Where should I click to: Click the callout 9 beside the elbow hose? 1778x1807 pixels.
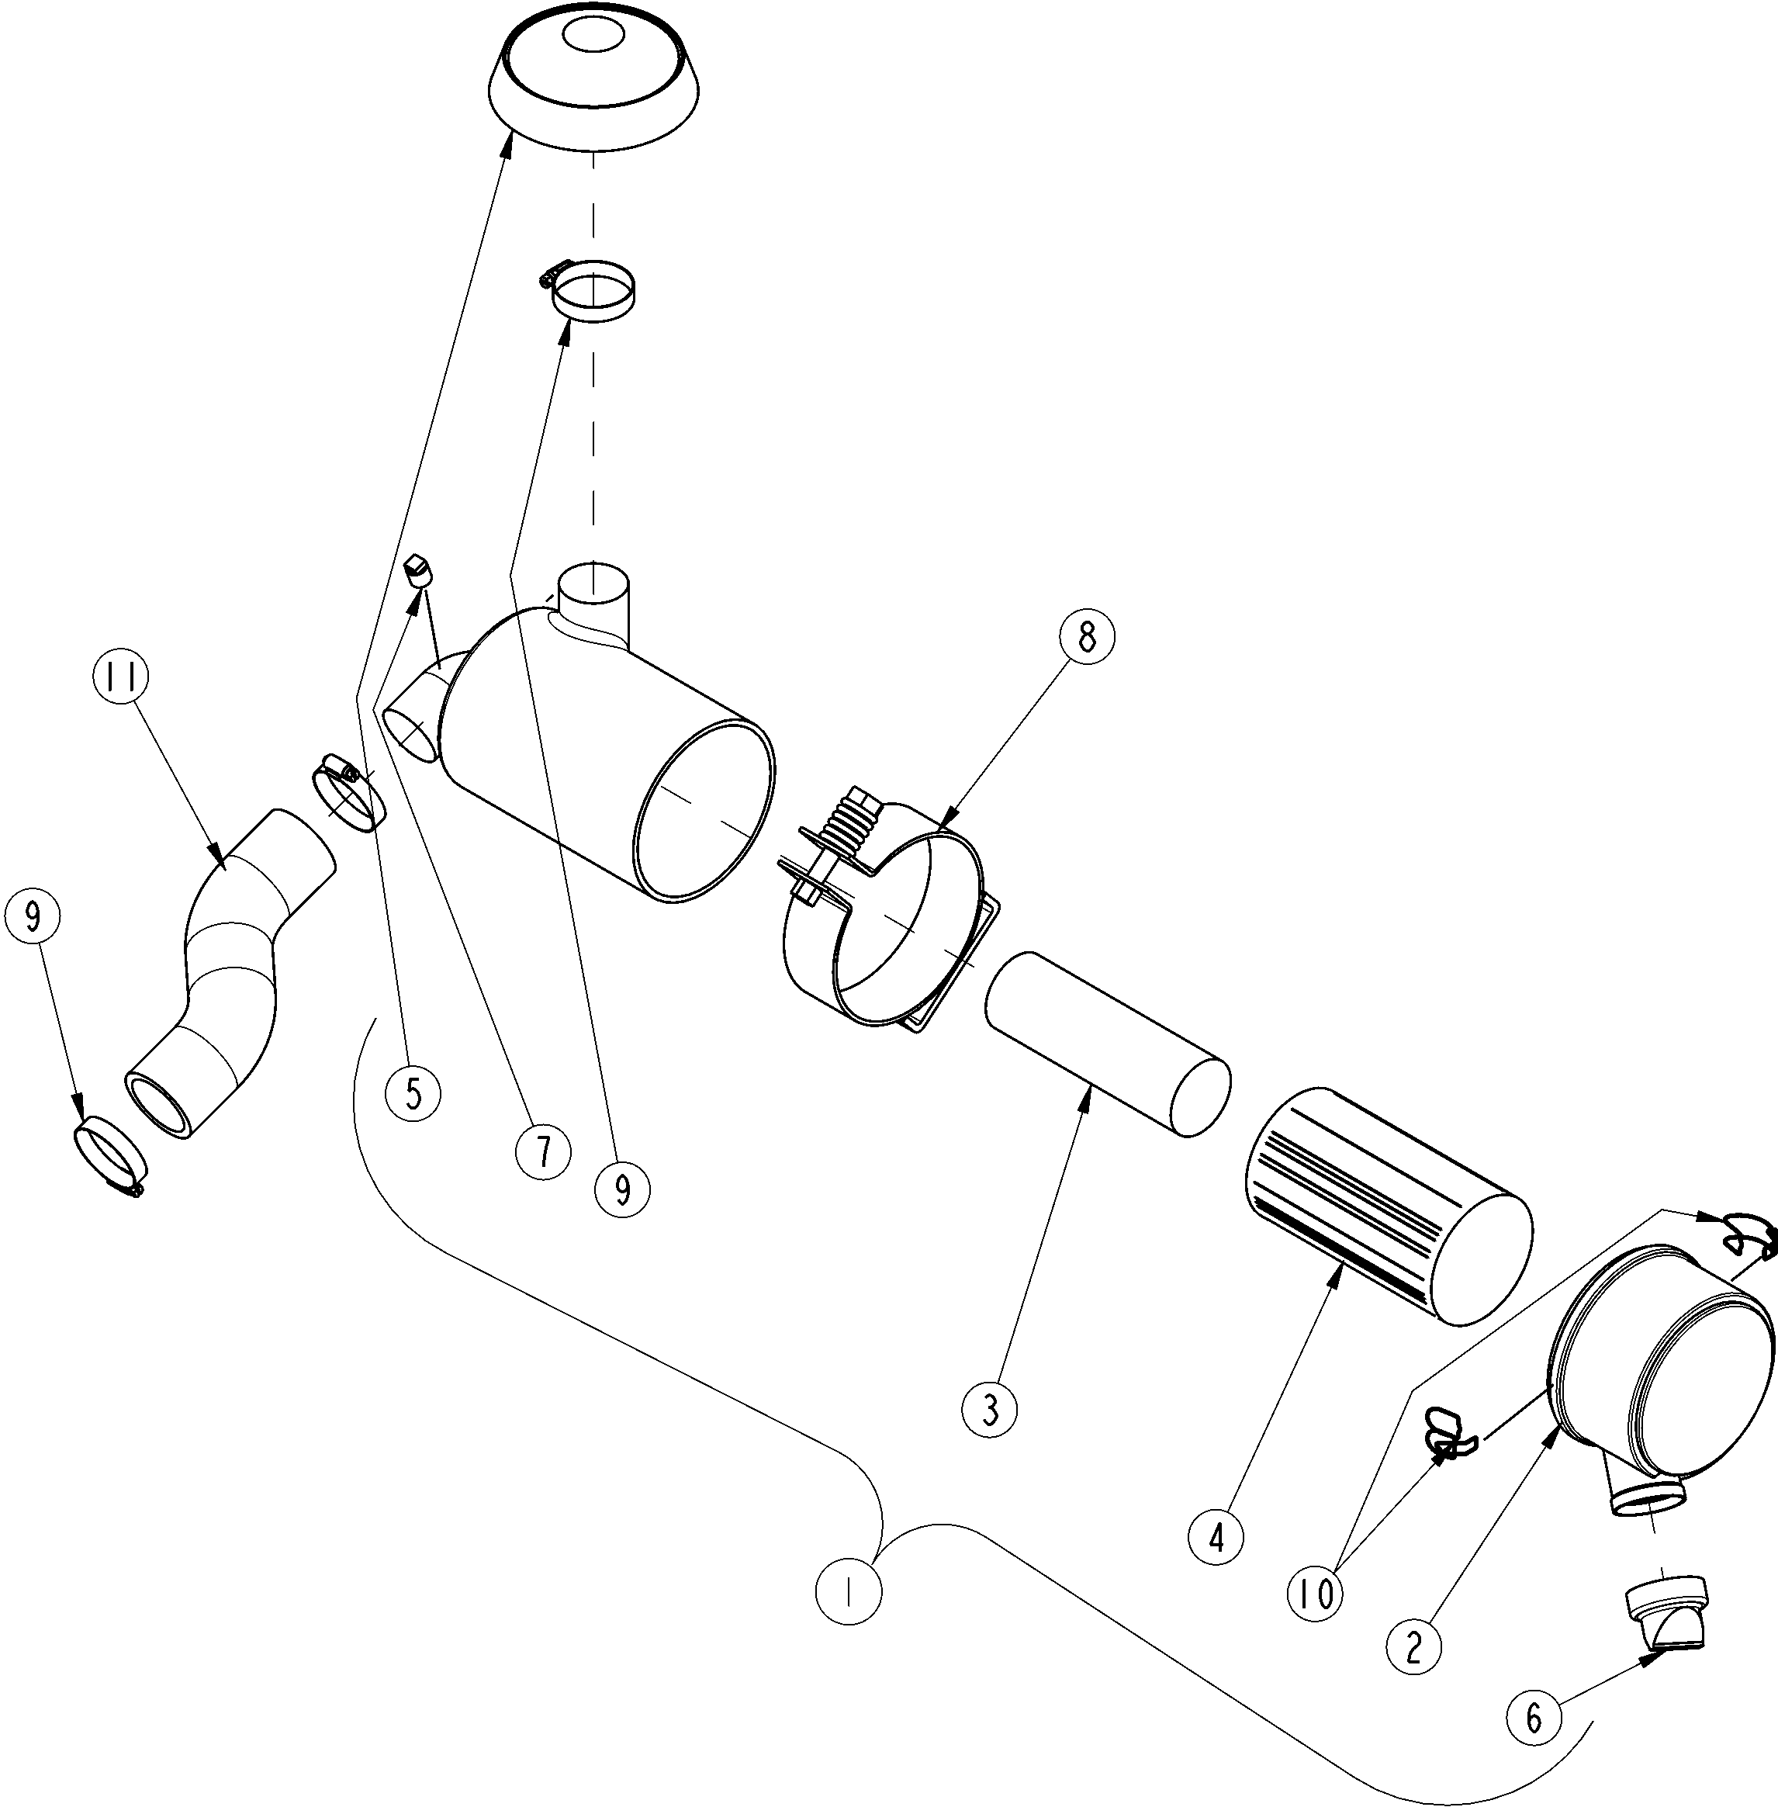[x=32, y=917]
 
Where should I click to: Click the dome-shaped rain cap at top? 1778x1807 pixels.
[x=594, y=84]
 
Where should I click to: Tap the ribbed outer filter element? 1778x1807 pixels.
[x=1389, y=1206]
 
